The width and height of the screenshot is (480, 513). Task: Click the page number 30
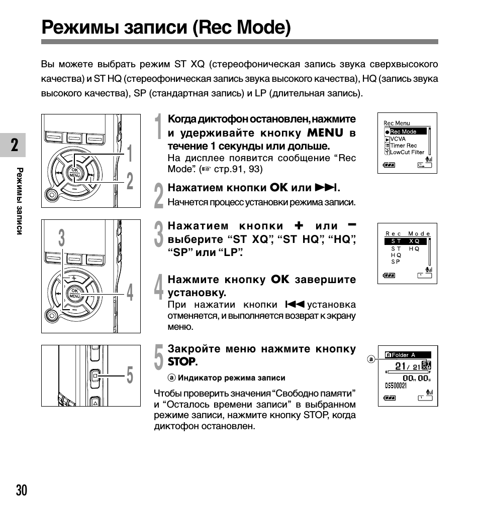click(22, 490)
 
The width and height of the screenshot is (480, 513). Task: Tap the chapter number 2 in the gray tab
click(15, 145)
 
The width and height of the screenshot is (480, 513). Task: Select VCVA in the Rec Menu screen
click(398, 139)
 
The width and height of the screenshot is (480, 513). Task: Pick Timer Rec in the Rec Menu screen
click(403, 146)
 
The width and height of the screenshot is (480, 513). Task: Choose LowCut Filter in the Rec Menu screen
click(407, 152)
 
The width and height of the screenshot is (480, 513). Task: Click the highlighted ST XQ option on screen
click(406, 241)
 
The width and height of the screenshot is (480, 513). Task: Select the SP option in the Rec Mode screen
click(396, 262)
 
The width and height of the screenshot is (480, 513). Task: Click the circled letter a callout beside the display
click(371, 359)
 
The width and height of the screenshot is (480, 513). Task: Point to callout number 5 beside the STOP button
click(130, 375)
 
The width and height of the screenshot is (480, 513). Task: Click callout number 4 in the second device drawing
click(130, 292)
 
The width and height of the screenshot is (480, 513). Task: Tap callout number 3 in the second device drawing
click(62, 237)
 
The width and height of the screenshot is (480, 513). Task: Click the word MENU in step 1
click(325, 133)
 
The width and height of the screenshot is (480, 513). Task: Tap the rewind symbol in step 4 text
click(295, 304)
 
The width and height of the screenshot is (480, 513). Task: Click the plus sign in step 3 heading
click(299, 225)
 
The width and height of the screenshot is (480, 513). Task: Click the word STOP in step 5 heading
click(181, 361)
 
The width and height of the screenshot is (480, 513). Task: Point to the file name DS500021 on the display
click(396, 386)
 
